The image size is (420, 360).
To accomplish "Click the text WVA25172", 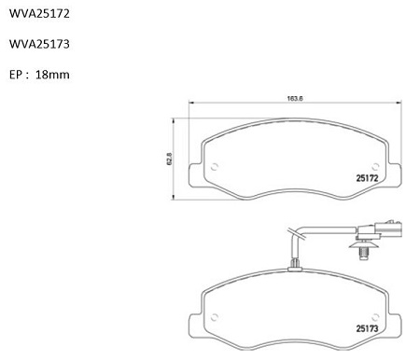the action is tap(39, 14).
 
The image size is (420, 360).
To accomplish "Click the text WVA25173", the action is tap(39, 44).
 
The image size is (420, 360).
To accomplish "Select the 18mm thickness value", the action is tap(52, 75).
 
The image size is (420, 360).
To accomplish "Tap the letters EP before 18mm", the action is tap(16, 75).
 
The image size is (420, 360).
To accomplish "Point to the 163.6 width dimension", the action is tap(295, 99).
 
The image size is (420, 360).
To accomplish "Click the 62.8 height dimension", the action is tap(170, 159).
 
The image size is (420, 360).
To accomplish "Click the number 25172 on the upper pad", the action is tap(367, 178).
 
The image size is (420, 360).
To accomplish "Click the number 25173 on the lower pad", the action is tap(367, 328).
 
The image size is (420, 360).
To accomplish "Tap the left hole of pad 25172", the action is tap(215, 167).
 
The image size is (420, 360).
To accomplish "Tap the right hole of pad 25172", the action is tap(375, 167).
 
